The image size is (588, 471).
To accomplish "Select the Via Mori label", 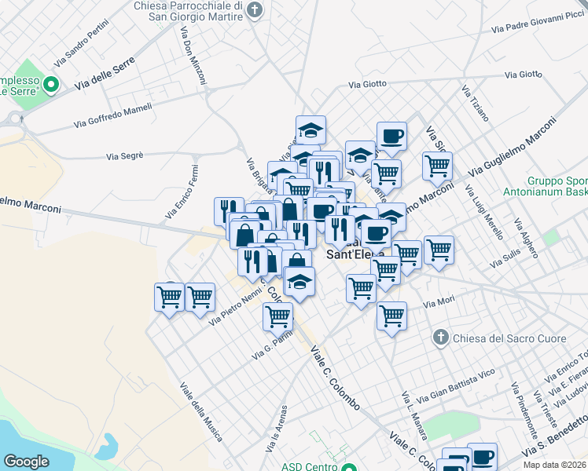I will coord(439,302).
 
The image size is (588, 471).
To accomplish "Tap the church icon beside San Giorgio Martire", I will coord(253,10).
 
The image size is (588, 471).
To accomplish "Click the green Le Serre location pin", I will coord(51,83).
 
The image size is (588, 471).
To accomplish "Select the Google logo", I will coord(26,462).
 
